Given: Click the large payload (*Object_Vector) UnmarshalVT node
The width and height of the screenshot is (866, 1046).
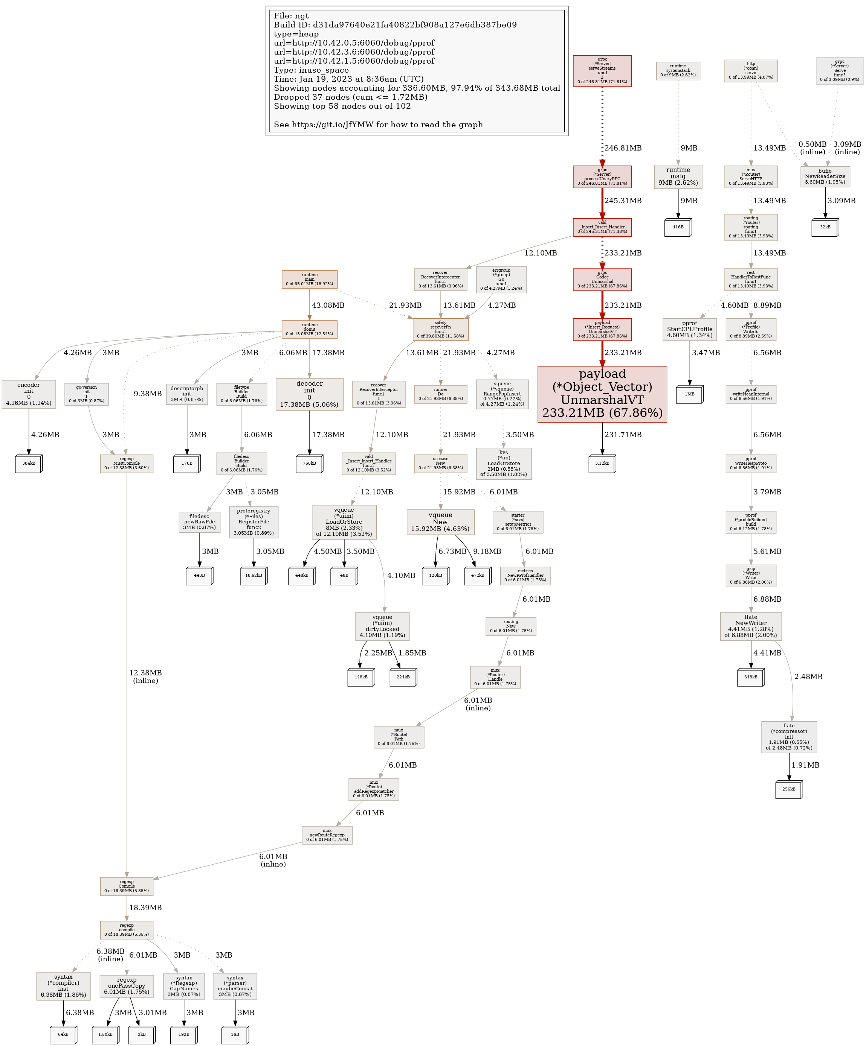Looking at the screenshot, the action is [x=602, y=394].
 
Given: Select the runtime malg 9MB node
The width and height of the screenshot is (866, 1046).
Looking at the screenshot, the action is [x=678, y=176].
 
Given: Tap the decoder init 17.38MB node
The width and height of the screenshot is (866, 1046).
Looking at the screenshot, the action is [x=309, y=394].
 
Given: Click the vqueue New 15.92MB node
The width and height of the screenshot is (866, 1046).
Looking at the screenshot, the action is [x=440, y=521].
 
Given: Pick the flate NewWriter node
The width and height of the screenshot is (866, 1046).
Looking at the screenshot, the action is [x=750, y=626].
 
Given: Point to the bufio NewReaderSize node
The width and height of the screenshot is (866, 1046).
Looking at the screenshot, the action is [x=825, y=176].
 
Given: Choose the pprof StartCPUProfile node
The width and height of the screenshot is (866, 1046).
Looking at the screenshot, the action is [x=689, y=329].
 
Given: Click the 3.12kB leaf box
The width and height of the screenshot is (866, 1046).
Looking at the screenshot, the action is [x=602, y=463].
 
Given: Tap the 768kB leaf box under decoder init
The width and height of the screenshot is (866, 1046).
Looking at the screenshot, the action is [x=309, y=463].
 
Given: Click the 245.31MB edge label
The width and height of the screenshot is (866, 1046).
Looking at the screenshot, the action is [x=623, y=201].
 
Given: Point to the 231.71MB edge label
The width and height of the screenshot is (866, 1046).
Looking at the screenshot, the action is [x=623, y=435].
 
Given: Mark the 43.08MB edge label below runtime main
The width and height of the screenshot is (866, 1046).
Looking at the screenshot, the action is [x=328, y=305].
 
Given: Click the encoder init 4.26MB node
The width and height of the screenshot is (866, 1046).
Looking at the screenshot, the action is [x=28, y=394].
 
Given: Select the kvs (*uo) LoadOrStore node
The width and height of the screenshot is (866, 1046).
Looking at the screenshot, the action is [x=504, y=463].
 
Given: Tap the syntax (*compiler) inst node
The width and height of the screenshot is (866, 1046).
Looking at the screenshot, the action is [x=63, y=986].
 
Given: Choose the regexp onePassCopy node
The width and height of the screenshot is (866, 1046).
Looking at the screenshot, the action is [x=127, y=986].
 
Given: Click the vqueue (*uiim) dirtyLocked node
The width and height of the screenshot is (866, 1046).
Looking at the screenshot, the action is [x=382, y=626].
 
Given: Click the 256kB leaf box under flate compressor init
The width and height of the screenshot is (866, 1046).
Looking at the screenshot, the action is [x=789, y=789].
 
